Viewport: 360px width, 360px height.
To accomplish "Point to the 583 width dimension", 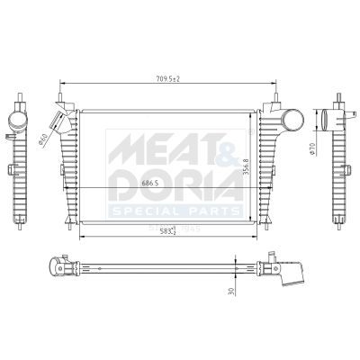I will pos(166,230).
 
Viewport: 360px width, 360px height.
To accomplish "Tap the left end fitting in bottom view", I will pos(61,266).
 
